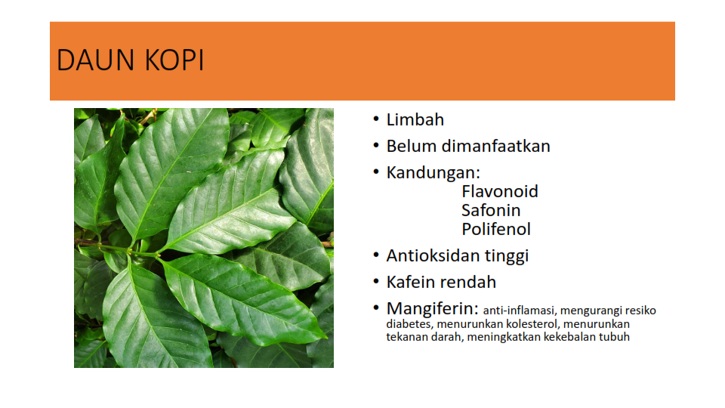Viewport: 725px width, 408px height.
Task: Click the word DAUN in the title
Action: coord(96,60)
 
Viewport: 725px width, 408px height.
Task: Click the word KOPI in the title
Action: coord(174,60)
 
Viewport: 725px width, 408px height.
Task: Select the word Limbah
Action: coord(415,120)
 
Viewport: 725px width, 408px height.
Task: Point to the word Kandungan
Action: coord(431,173)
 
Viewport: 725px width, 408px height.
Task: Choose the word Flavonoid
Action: coord(500,191)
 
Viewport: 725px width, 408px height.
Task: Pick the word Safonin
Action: coord(491,211)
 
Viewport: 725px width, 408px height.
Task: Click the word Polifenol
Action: coord(496,230)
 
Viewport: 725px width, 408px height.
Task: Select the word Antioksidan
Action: coord(433,256)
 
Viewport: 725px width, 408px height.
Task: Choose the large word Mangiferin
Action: coord(430,309)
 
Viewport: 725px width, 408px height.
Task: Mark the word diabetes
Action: coord(409,324)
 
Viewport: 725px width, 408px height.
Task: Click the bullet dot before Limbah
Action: coord(376,119)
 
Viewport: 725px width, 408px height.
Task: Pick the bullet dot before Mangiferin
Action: coord(376,308)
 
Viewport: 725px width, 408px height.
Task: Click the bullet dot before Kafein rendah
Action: coord(376,282)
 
